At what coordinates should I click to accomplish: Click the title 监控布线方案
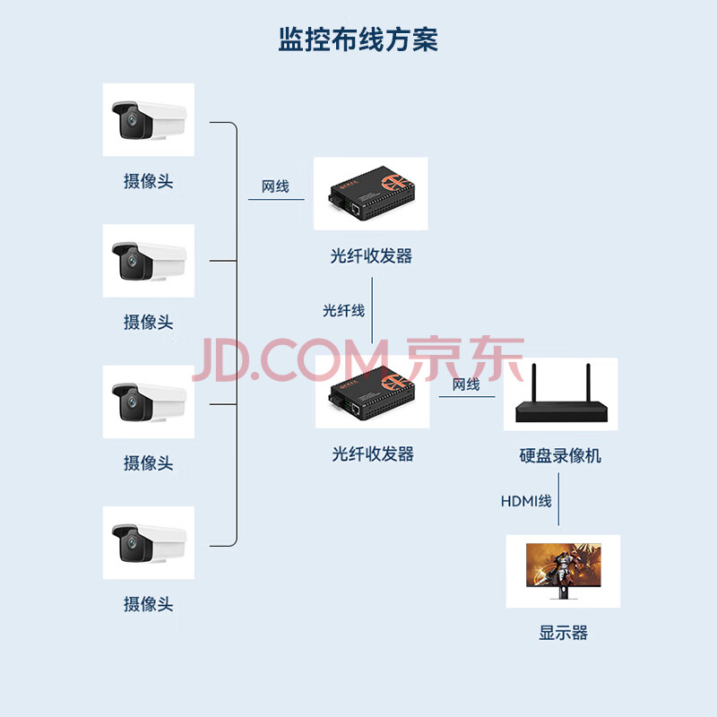[x=358, y=39]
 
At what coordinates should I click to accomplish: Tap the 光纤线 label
[x=344, y=311]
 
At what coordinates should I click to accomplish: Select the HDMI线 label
[x=526, y=501]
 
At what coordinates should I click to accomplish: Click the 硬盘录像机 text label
[x=560, y=455]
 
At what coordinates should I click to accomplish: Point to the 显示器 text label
[x=563, y=633]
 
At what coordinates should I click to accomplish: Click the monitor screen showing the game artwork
[x=564, y=566]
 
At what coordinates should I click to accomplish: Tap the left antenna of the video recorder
[x=533, y=384]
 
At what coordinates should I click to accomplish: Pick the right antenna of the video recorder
[x=589, y=384]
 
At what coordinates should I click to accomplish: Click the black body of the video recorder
[x=562, y=412]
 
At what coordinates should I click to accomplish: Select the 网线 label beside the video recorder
[x=466, y=384]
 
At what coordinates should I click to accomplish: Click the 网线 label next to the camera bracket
[x=275, y=186]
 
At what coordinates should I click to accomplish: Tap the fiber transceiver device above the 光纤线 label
[x=371, y=194]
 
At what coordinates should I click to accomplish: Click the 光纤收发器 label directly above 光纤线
[x=371, y=256]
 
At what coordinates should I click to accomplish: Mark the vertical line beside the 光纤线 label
[x=372, y=310]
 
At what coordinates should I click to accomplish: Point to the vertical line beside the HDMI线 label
[x=558, y=499]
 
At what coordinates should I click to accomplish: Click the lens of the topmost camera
[x=132, y=120]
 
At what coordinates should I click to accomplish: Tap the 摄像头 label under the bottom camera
[x=148, y=604]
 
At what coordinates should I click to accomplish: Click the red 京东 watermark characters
[x=465, y=359]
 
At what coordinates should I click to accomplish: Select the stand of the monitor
[x=564, y=593]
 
